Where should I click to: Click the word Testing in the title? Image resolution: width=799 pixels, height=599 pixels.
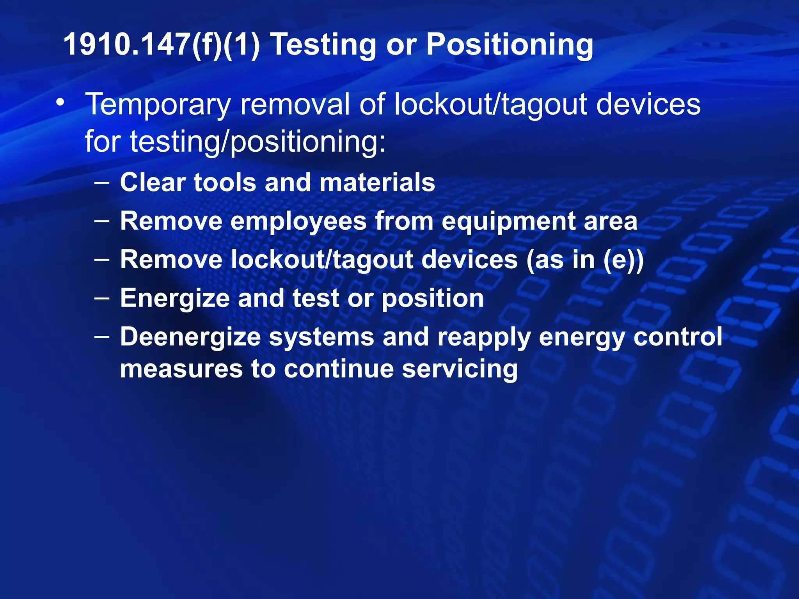pos(323,45)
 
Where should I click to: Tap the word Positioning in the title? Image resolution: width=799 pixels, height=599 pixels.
pos(510,45)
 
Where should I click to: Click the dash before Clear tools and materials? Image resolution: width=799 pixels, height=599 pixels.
pos(102,182)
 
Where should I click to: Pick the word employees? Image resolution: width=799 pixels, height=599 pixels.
pos(298,221)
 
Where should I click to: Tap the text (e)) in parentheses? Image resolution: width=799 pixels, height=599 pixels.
pos(623,260)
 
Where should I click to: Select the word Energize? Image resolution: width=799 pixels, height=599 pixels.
pos(175,298)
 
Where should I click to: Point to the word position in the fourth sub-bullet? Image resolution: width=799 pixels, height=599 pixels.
pos(432,299)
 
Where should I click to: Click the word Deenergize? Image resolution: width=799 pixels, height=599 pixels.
pos(190,337)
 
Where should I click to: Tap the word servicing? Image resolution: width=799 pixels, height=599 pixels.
pos(460,369)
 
